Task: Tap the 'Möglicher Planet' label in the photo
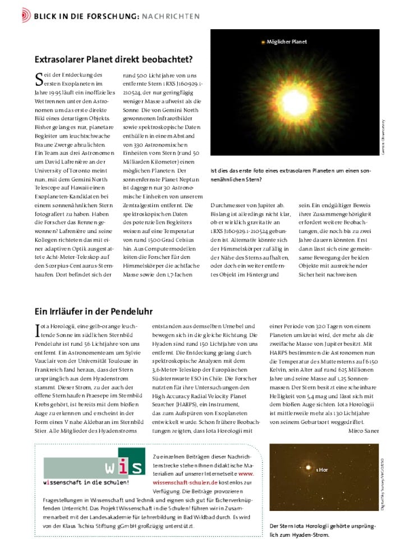pos(287,42)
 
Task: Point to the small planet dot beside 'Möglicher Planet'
pos(263,42)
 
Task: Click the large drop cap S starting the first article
pos(39,79)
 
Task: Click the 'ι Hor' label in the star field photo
pos(322,469)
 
